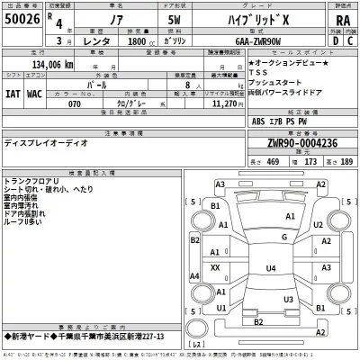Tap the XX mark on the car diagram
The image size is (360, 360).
[x=215, y=268]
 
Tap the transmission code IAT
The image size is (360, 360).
[x=13, y=92]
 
